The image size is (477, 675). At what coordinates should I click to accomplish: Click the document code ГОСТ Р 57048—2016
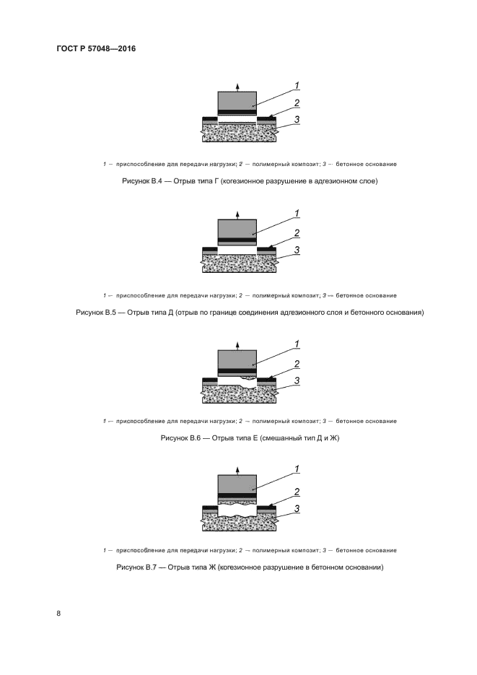click(96, 48)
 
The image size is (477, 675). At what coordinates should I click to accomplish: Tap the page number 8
click(59, 614)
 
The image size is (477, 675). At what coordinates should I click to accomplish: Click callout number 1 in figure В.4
click(297, 87)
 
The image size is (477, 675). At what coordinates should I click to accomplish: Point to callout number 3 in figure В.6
click(297, 380)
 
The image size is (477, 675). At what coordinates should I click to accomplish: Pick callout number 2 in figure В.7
click(297, 491)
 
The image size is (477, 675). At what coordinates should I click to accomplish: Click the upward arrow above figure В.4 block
click(237, 86)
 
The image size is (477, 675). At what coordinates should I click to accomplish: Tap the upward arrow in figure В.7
click(237, 470)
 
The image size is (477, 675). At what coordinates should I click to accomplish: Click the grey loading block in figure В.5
click(237, 229)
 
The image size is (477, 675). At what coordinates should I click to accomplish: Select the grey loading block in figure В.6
click(237, 359)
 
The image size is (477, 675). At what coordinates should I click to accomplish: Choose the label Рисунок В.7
click(136, 568)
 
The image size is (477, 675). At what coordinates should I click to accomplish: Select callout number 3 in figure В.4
click(297, 119)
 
